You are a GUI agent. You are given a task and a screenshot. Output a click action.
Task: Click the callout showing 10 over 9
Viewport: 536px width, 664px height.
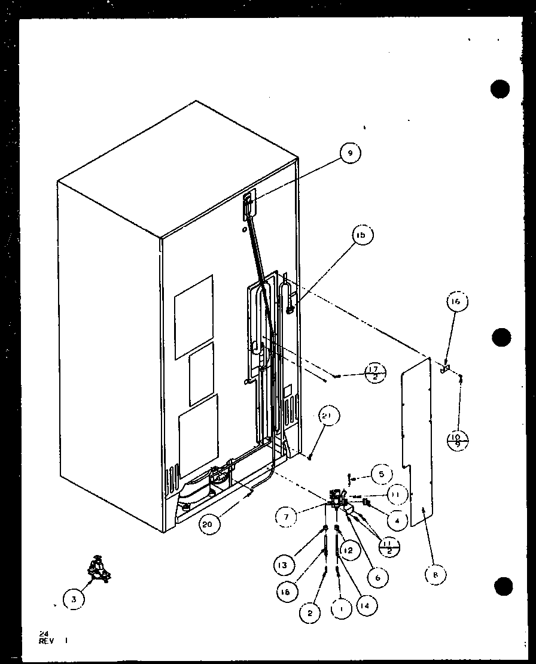(x=458, y=442)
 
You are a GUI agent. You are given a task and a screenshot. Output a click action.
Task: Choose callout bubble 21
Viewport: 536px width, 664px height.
(x=330, y=416)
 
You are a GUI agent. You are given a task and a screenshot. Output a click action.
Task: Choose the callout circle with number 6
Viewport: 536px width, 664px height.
(x=377, y=578)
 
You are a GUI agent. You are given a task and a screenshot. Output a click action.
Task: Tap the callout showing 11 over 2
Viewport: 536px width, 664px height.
(x=389, y=546)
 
